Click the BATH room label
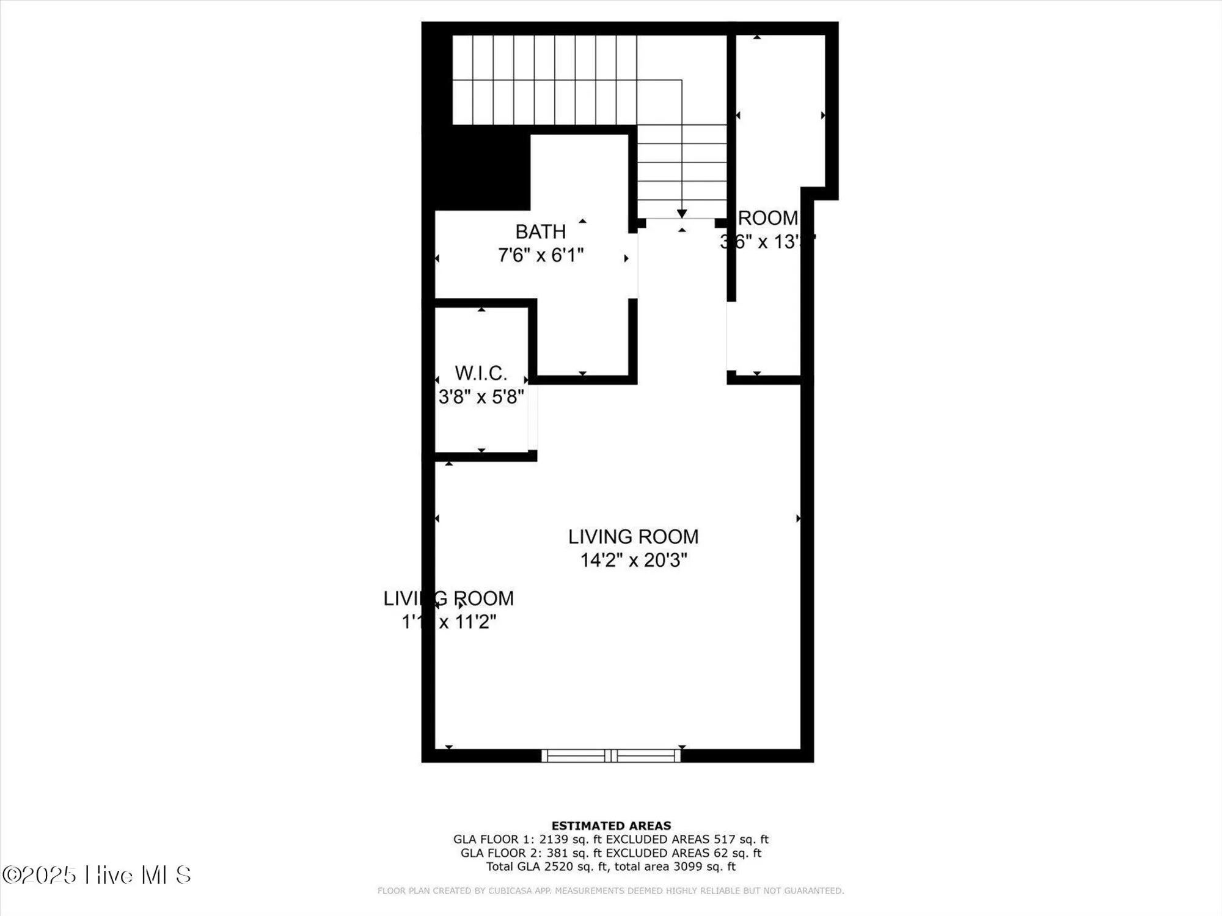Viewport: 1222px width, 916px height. tap(540, 232)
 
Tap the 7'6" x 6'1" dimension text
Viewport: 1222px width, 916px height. tap(540, 255)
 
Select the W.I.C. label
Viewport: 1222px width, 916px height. tap(481, 373)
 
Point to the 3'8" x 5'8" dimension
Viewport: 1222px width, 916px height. tap(481, 397)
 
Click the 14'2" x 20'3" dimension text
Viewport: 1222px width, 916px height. tap(633, 560)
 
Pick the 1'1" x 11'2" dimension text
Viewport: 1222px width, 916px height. tap(448, 622)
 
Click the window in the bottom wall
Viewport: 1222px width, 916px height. tap(611, 755)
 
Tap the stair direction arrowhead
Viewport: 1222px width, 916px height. tap(682, 213)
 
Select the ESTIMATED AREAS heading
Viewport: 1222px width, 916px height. tap(611, 826)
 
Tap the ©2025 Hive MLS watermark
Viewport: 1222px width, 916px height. tap(97, 875)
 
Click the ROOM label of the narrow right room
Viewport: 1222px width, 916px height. tap(768, 218)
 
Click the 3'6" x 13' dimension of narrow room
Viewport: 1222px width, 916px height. tap(767, 242)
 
